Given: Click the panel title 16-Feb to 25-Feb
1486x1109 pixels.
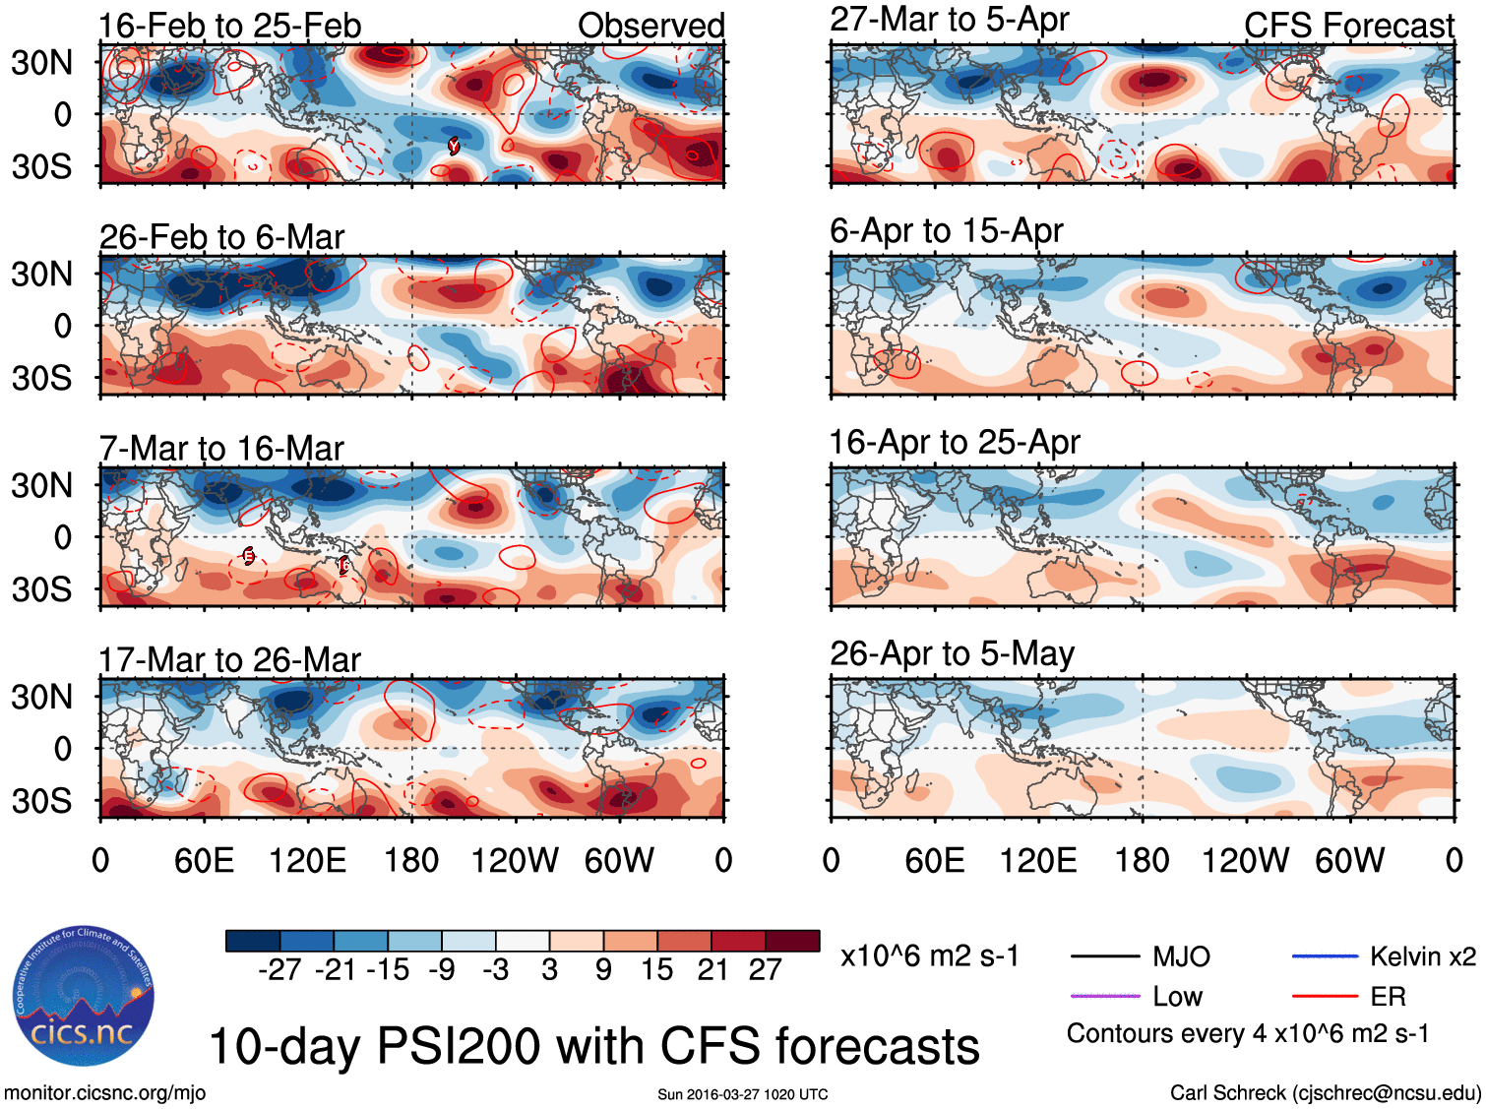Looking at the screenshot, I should click(229, 26).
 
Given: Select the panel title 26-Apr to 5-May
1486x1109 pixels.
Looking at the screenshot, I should click(952, 653).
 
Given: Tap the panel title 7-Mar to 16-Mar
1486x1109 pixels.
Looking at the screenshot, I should click(221, 449).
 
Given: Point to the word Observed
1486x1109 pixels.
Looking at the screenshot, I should click(650, 26).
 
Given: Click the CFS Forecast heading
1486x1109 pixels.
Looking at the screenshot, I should click(1348, 26).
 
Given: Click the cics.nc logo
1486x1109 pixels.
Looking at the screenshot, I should click(84, 997).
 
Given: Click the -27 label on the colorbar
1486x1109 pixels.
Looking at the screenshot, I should click(279, 970).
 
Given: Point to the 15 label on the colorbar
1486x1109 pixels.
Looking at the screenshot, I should click(656, 970).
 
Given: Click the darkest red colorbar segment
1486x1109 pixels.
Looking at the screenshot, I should click(792, 941).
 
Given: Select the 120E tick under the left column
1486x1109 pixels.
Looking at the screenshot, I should click(307, 861).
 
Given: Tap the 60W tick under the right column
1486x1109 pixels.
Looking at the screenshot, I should click(1349, 861).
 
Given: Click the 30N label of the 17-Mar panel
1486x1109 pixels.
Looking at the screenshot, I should click(41, 697).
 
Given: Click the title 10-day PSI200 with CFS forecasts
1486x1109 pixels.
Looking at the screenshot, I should click(594, 1046).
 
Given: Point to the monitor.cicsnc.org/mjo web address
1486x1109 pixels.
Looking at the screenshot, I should click(105, 1093).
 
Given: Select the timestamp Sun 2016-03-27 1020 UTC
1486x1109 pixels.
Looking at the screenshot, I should click(743, 1094).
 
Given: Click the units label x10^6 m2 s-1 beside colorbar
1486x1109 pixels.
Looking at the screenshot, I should click(929, 956).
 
